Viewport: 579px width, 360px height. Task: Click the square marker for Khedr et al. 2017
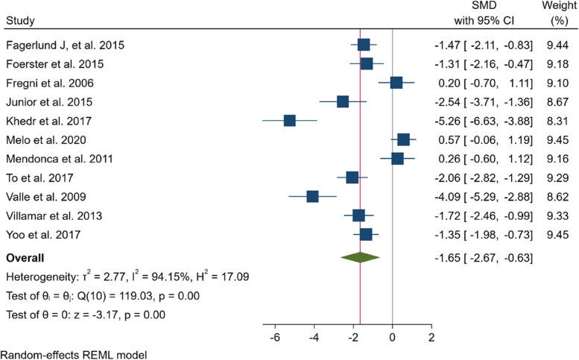[290, 121]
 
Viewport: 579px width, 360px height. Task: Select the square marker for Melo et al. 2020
[403, 139]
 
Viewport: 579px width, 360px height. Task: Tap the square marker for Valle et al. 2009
[312, 196]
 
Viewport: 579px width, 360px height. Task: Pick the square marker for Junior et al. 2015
[343, 101]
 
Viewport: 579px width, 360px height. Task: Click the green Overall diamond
[360, 259]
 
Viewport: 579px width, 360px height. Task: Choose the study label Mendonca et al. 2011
[54, 159]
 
